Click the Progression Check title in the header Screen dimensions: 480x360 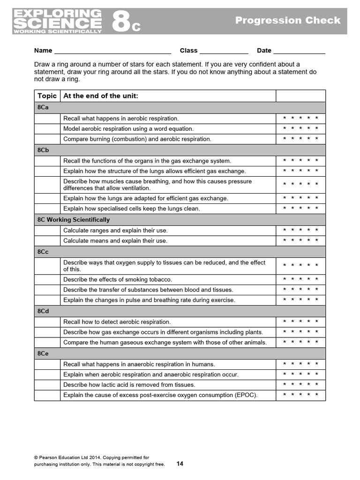coord(288,20)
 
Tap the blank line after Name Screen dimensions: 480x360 coord(112,51)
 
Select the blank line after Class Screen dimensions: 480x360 coord(224,51)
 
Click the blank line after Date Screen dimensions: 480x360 coord(299,51)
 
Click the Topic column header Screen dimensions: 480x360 coord(47,96)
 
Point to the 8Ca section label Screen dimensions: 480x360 coord(43,107)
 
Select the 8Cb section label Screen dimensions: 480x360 coord(43,150)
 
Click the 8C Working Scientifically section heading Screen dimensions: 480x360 coord(73,219)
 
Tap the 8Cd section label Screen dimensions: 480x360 coord(43,311)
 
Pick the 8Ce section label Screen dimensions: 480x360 coord(43,353)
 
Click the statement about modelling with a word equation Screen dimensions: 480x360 coord(128,128)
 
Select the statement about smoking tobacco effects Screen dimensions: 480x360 coord(118,279)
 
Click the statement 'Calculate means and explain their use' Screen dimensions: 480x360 coord(115,240)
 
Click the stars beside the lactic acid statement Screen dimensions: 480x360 coord(300,384)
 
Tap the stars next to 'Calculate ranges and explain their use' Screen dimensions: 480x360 coord(300,230)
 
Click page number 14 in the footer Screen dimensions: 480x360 coord(180,464)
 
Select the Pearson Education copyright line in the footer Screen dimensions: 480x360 coord(91,457)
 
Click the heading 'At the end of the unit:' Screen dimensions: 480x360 coord(101,96)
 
